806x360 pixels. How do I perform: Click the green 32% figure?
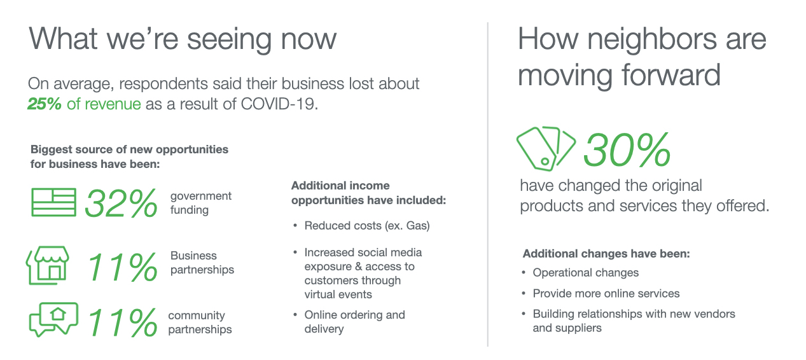(121, 204)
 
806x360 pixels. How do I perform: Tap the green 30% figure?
(627, 149)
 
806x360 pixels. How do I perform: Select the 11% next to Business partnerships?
(122, 267)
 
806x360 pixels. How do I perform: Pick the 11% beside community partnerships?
(122, 322)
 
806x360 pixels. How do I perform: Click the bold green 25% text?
(45, 104)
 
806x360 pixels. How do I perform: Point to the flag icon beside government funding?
(53, 202)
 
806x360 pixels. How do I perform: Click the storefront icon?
(48, 265)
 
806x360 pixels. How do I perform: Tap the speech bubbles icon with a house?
(53, 319)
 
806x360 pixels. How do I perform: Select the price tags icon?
(545, 148)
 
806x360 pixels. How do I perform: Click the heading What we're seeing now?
(183, 39)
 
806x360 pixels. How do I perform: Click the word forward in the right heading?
(671, 75)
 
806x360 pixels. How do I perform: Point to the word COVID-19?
(279, 104)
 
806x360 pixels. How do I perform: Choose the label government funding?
(201, 203)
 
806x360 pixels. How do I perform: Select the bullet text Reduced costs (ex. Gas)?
(367, 226)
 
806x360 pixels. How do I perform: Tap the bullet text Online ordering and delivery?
(355, 321)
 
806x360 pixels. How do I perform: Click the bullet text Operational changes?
(586, 273)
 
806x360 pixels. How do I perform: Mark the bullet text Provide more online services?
(606, 293)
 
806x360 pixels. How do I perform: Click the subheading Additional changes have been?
(606, 254)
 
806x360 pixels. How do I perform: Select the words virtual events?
(338, 294)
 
